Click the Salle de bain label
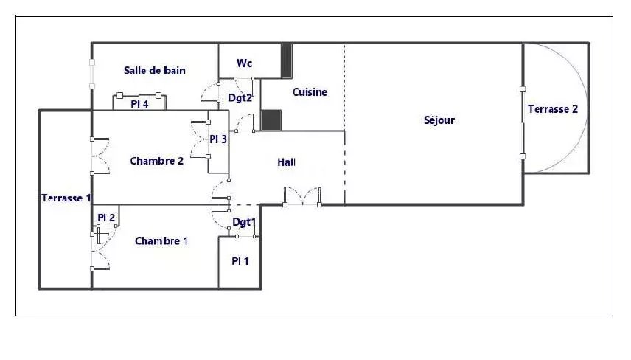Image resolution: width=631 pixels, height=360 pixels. point(155,71)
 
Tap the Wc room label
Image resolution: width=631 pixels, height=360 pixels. point(244,63)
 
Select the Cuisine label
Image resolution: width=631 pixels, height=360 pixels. point(310,92)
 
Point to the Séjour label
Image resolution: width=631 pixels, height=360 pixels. point(439,120)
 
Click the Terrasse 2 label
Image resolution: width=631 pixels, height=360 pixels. point(553,109)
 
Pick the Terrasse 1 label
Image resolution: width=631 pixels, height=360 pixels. point(66,198)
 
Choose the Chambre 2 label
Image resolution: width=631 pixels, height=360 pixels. point(156,161)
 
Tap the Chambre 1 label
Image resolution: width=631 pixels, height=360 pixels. point(161,241)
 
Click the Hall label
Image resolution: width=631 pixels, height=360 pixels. point(286,162)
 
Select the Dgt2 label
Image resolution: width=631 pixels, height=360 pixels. point(240,98)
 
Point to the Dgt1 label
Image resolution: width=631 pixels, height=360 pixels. point(244,222)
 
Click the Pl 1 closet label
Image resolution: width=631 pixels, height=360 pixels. point(240,261)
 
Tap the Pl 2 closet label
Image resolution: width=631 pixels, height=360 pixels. point(106,218)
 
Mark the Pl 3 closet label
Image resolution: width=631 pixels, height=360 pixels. point(218,139)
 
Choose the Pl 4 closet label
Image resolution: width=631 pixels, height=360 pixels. point(139,104)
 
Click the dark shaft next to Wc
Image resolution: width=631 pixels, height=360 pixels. point(287,60)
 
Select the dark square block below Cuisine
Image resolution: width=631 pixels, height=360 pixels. point(271,120)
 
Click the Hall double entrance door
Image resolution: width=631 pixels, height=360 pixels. point(302,196)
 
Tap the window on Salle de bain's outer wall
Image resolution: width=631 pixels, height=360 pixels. point(92,75)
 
